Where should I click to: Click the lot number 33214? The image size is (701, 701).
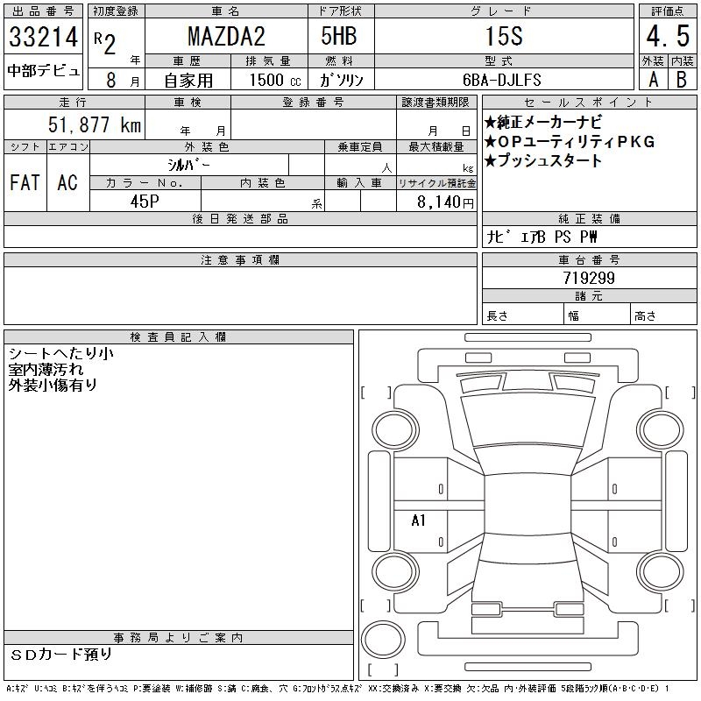tap(43, 37)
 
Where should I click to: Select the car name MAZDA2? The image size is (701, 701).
tap(226, 36)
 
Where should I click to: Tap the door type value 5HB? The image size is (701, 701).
tap(339, 36)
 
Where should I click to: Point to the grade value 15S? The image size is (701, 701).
tap(504, 36)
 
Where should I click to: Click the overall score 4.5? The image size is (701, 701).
tap(668, 36)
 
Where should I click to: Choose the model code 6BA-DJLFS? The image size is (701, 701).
tap(501, 80)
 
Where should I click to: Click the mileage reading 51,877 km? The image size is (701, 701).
tap(95, 124)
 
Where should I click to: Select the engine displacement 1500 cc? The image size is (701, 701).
tap(275, 80)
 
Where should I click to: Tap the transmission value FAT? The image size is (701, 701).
tap(25, 182)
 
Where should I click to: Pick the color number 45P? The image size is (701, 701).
tap(145, 202)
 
